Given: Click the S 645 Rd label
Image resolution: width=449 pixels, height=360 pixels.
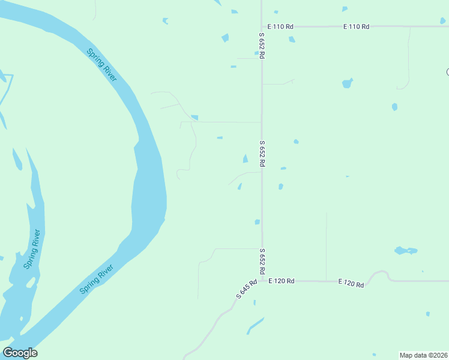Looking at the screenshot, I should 246,289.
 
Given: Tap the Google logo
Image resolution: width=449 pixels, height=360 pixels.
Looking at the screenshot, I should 20,353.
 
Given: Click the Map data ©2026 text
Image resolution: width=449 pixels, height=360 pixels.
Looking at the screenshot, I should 424,355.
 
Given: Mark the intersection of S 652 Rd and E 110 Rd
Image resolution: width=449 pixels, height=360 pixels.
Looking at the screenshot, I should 262,26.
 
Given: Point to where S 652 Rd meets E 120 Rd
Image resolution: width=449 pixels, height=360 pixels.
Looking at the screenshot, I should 262,281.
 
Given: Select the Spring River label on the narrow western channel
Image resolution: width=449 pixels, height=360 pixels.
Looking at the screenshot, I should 32,249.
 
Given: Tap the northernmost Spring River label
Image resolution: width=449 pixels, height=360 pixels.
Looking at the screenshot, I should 101,64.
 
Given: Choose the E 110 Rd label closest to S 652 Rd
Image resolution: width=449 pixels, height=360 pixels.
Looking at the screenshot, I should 281,26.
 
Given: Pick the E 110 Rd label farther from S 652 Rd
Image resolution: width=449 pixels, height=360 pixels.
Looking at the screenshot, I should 356,26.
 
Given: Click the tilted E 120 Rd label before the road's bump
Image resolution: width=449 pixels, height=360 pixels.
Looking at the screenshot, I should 351,283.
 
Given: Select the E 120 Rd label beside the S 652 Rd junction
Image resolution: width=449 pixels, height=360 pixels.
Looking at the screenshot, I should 282,281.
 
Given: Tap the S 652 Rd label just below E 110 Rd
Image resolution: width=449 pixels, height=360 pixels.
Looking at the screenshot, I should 262,46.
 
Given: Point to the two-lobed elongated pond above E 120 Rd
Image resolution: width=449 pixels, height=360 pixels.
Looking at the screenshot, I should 406,250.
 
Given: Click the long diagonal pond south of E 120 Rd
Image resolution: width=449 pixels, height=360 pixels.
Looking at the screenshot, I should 255,326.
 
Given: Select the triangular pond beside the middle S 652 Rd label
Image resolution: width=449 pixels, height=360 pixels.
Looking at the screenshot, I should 245,158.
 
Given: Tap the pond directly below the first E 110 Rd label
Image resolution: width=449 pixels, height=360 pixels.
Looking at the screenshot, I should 292,40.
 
